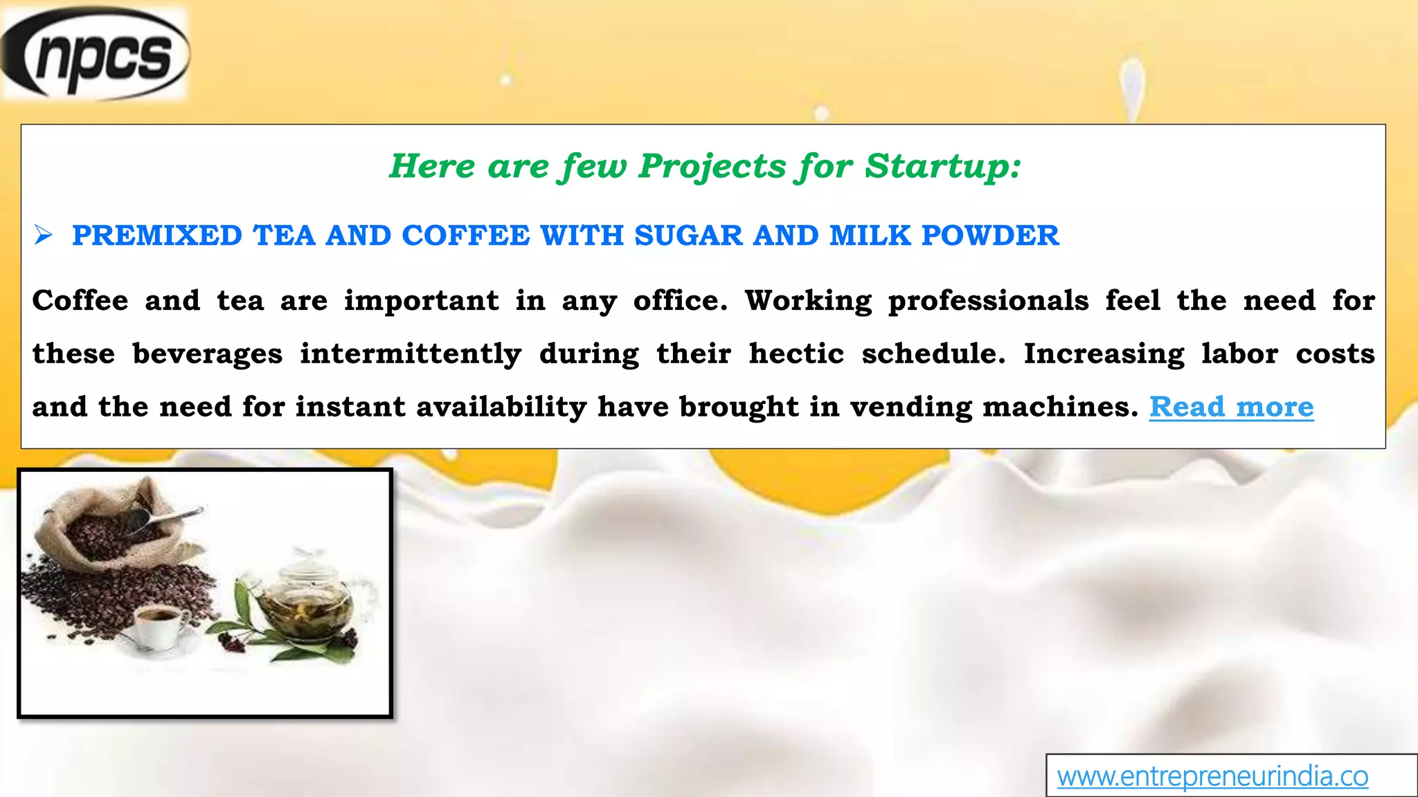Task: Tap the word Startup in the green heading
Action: click(942, 166)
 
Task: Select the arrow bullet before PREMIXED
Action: click(44, 236)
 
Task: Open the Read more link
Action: click(1231, 407)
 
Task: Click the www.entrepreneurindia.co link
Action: click(1212, 776)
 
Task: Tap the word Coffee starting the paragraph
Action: click(80, 301)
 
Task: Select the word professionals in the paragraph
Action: click(988, 301)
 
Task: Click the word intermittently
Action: click(411, 354)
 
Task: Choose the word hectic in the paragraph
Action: click(796, 354)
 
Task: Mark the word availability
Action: click(501, 407)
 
